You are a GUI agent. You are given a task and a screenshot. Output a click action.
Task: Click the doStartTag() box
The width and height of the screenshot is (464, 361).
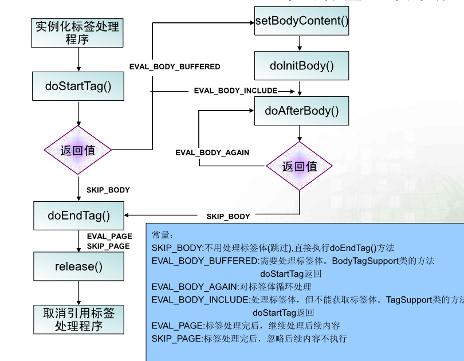click(x=78, y=86)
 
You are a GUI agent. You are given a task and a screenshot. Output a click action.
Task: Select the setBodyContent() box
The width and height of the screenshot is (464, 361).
click(x=301, y=21)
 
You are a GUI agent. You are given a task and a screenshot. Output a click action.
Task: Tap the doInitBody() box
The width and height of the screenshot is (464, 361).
click(x=301, y=65)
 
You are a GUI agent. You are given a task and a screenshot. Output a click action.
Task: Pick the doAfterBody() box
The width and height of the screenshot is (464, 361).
click(x=301, y=111)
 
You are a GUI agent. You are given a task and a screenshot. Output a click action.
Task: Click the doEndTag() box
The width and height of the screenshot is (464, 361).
click(x=78, y=216)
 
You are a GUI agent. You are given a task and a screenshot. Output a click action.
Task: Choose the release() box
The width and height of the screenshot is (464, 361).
click(x=78, y=266)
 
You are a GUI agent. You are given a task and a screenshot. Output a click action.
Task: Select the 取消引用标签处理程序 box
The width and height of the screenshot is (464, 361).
click(x=78, y=320)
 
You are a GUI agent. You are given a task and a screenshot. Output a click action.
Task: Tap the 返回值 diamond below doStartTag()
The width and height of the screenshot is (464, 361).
click(x=78, y=151)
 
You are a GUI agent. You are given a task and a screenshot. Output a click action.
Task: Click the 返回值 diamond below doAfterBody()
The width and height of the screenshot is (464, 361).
click(x=300, y=167)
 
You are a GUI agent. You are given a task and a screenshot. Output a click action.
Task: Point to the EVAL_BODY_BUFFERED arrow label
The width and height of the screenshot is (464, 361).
click(x=175, y=67)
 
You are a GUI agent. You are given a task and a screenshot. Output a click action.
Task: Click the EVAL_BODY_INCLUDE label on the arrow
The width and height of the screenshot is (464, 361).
click(x=235, y=91)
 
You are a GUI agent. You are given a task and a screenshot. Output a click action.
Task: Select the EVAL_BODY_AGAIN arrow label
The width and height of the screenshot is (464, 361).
click(x=212, y=153)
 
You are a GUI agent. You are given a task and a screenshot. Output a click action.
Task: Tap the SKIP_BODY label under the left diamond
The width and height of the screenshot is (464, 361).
click(x=108, y=190)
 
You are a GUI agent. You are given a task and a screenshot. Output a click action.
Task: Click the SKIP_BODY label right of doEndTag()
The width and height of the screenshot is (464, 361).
click(x=228, y=217)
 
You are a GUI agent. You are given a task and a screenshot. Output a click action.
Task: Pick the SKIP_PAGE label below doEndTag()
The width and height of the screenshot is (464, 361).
click(x=108, y=246)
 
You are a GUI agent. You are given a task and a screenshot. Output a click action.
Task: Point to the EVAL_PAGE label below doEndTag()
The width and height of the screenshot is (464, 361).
click(x=109, y=236)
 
